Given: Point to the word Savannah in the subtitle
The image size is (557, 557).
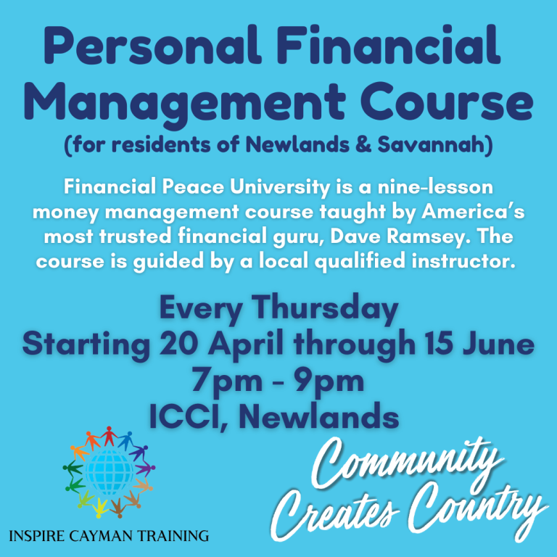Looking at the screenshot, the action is click(432, 144).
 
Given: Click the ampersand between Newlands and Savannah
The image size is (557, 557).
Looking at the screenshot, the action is click(363, 144).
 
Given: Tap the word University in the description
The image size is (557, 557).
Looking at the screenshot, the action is click(280, 188).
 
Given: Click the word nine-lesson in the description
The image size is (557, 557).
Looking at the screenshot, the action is click(435, 187).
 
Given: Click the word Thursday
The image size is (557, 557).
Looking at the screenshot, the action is click(325, 309).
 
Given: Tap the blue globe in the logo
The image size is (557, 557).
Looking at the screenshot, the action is click(109, 472).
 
